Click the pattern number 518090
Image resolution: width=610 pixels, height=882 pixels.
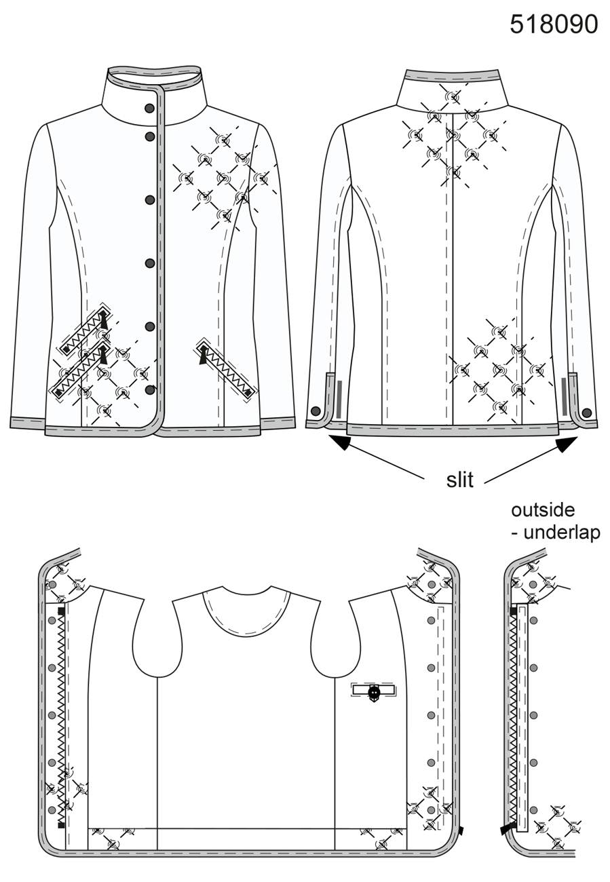pyautogui.click(x=554, y=24)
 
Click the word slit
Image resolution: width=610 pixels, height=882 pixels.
pyautogui.click(x=460, y=480)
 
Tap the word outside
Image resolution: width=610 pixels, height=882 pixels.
pyautogui.click(x=543, y=510)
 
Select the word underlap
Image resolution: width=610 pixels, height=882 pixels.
pyautogui.click(x=563, y=533)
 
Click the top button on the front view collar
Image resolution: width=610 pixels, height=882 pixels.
pyautogui.click(x=150, y=109)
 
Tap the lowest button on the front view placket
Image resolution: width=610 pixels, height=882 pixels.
pyautogui.click(x=150, y=390)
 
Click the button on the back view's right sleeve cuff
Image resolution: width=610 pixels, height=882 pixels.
pyautogui.click(x=587, y=413)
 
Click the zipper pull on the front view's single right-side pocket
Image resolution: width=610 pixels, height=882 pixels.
pyautogui.click(x=203, y=354)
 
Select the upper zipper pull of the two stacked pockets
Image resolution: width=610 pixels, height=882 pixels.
pyautogui.click(x=103, y=319)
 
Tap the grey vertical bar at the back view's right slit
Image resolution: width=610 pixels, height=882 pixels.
pyautogui.click(x=564, y=396)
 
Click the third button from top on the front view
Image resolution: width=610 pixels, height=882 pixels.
pyautogui.click(x=150, y=200)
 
